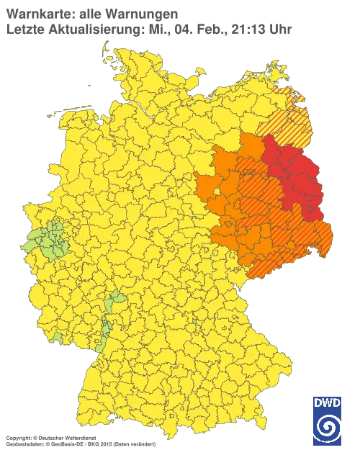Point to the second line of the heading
(x=148, y=30)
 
